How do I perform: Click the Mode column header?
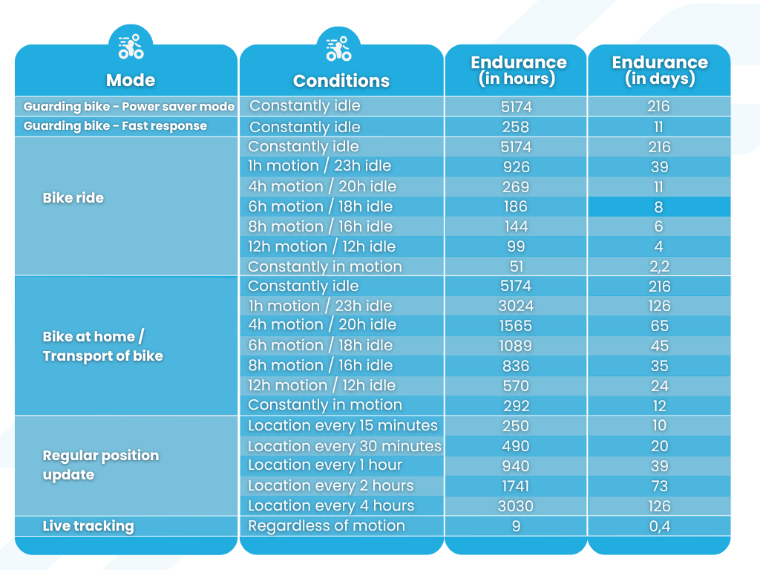[x=130, y=80]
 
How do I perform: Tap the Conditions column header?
[x=341, y=81]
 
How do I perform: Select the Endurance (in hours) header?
[x=518, y=70]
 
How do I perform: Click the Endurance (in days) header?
[x=659, y=70]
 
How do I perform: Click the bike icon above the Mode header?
[x=131, y=47]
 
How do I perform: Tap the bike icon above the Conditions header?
[x=338, y=47]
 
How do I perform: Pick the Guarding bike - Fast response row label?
[x=115, y=126]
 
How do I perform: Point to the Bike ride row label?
[x=73, y=198]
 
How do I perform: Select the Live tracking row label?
[x=88, y=526]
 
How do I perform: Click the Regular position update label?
[x=100, y=465]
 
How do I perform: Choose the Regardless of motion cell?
[x=327, y=526]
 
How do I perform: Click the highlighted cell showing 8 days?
[x=659, y=207]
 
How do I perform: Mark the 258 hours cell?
[x=516, y=127]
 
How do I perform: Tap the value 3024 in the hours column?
[x=516, y=306]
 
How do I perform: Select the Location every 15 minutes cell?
[x=342, y=426]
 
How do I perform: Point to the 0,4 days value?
[x=659, y=526]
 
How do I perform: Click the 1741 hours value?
[x=516, y=486]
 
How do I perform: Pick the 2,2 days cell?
[x=659, y=267]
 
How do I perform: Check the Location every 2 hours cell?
[x=330, y=486]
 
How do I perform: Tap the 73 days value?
[x=659, y=486]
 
